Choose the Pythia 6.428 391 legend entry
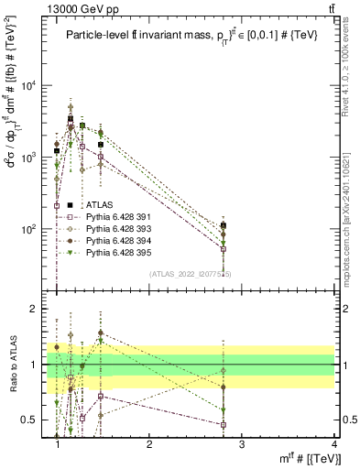[120, 217]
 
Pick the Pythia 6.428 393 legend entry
[120, 228]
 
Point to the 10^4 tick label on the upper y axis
[29, 86]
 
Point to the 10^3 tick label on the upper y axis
[29, 158]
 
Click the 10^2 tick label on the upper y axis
[29, 229]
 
